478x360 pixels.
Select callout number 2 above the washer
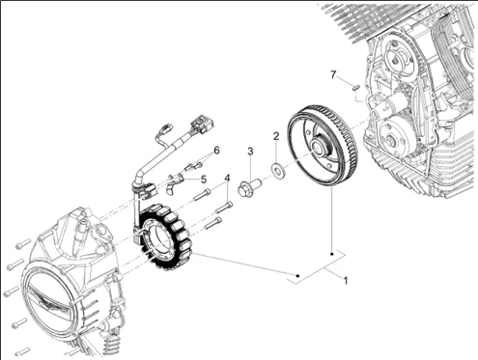(x=276, y=137)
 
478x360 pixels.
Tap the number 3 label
(x=250, y=152)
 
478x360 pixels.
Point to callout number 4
(x=227, y=179)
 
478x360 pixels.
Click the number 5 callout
(x=203, y=179)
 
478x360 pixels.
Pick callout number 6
(x=216, y=151)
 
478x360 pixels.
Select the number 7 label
(x=333, y=74)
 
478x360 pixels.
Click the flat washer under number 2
(x=278, y=171)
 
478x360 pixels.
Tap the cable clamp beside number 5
(x=175, y=180)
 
